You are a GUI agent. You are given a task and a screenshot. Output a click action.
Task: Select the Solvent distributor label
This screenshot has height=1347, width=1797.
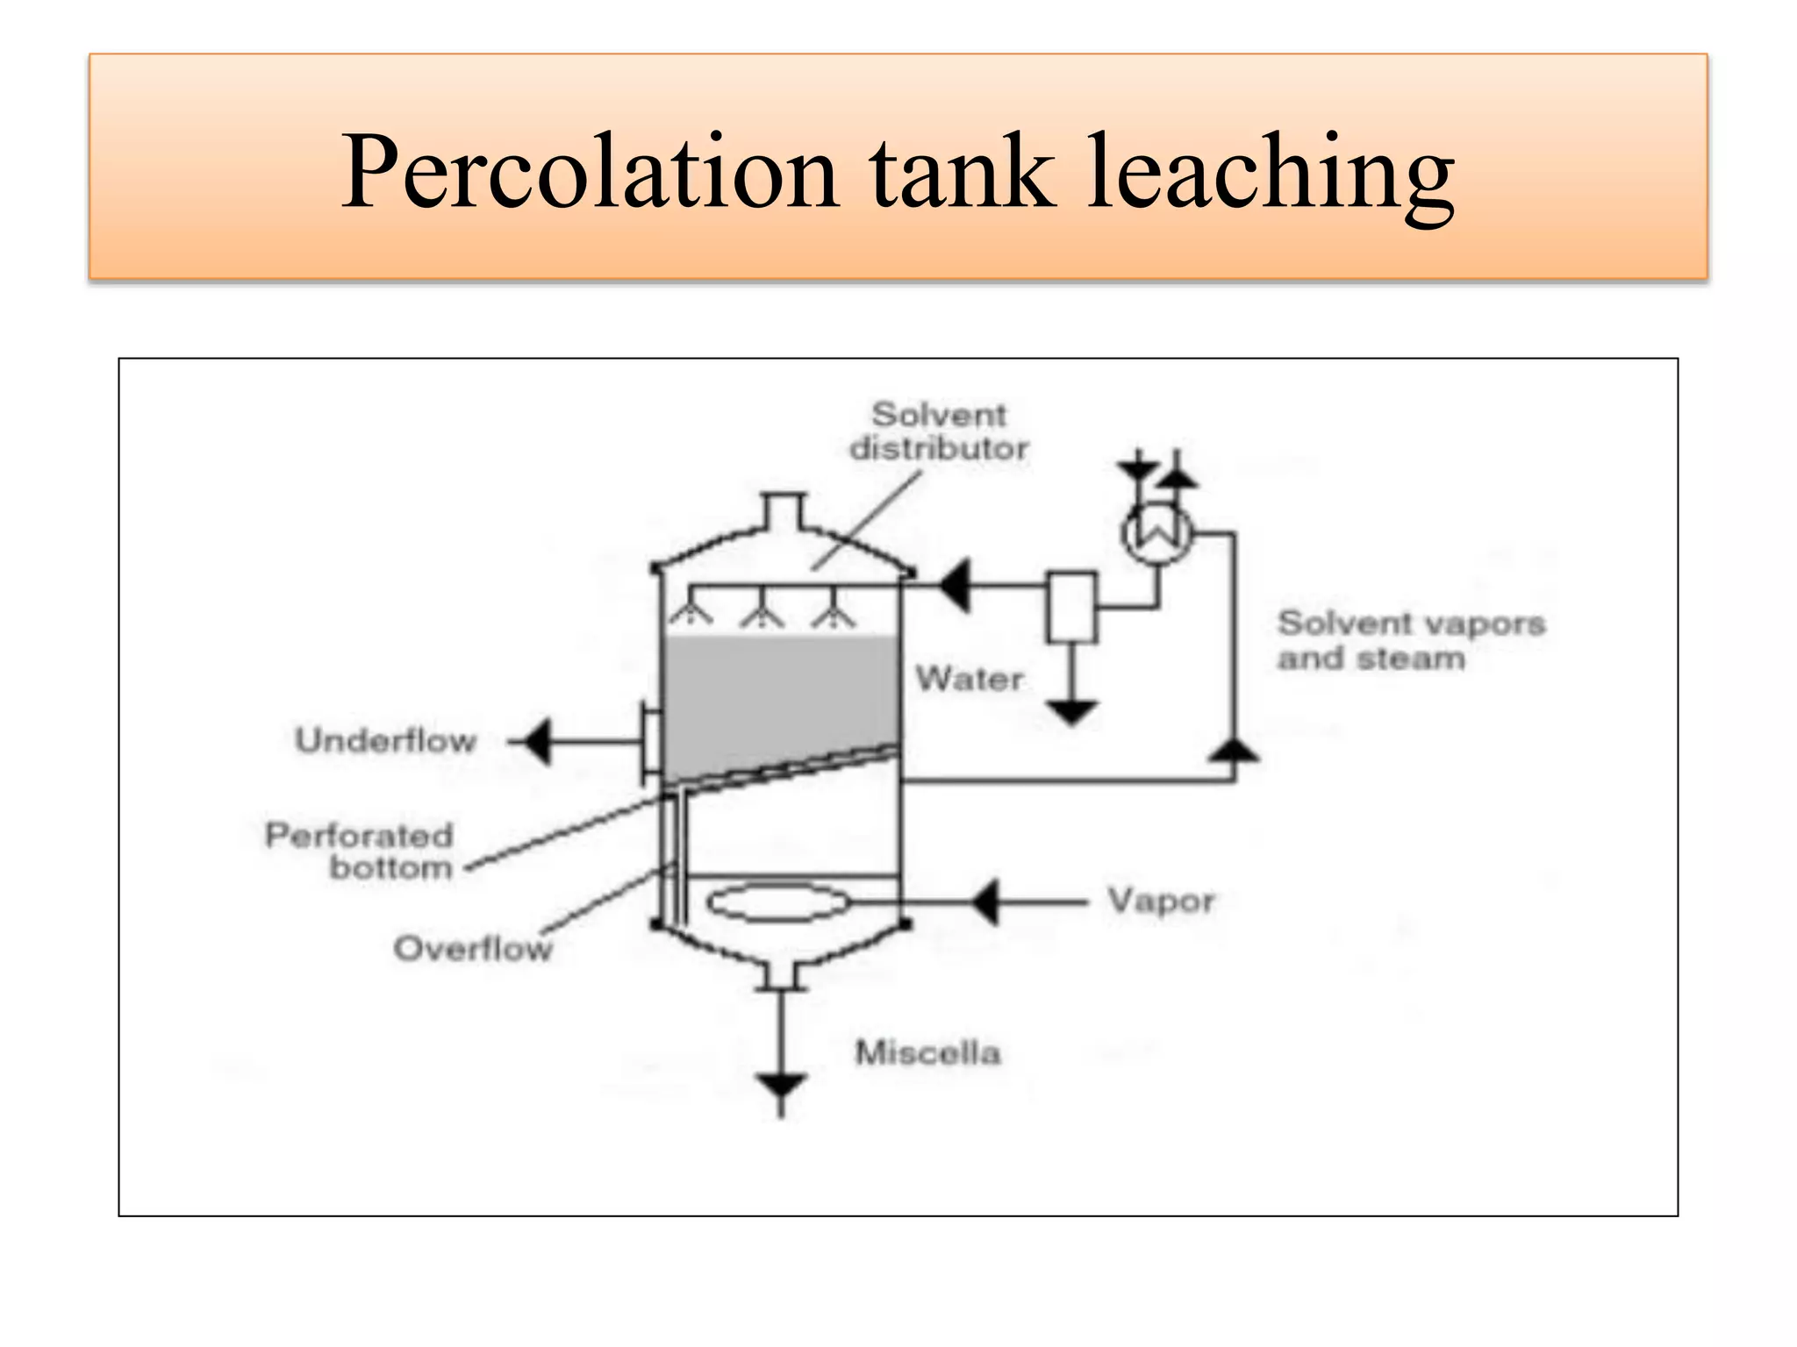point(938,431)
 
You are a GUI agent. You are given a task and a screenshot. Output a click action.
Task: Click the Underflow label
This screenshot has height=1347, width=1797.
point(385,741)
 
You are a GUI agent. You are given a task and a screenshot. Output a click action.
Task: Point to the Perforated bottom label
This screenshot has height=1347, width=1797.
point(360,851)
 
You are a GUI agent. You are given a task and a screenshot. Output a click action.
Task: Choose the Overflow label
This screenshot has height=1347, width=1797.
point(473,948)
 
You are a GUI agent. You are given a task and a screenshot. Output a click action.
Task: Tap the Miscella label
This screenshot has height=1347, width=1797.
point(927,1052)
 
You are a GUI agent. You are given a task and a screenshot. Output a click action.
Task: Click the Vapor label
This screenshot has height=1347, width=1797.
point(1160,901)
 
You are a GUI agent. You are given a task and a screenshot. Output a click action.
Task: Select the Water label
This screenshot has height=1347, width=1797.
point(969,679)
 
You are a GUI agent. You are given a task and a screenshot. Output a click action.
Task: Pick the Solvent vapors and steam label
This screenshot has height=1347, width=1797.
point(1411,640)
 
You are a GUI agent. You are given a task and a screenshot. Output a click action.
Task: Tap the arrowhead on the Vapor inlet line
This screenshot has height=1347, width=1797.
point(985,902)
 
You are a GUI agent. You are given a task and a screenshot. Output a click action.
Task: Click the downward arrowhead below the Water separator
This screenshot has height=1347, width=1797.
point(1071,712)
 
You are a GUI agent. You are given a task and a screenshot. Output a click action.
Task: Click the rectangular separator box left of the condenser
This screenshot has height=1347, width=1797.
point(1071,607)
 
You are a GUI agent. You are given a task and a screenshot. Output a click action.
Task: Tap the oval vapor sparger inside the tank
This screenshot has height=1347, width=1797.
point(778,903)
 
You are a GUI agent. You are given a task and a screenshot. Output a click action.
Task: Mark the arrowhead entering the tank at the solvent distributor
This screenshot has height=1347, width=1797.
point(955,585)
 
